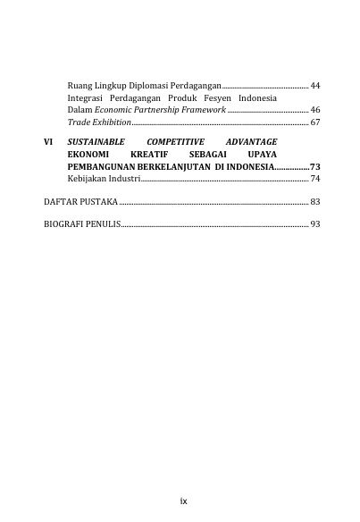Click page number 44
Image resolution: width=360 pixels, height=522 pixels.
pyautogui.click(x=314, y=85)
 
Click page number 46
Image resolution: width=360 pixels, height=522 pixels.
pyautogui.click(x=314, y=108)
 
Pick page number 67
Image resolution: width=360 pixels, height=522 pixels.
pyautogui.click(x=314, y=120)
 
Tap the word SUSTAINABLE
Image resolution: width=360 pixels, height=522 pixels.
pyautogui.click(x=96, y=142)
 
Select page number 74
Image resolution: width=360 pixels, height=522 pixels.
pyautogui.click(x=314, y=179)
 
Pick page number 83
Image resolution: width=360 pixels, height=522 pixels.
pyautogui.click(x=314, y=201)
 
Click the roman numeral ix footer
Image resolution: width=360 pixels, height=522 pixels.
pyautogui.click(x=182, y=501)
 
